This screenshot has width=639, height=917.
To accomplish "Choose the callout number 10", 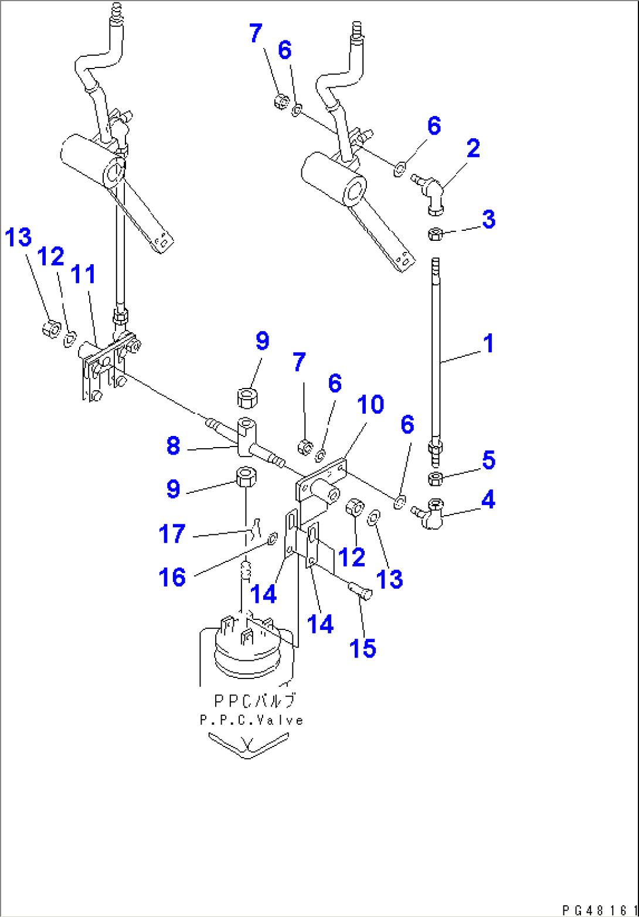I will click(371, 405).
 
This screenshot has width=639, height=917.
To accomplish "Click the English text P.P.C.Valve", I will click(251, 720).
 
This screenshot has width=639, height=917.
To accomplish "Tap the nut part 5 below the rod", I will click(437, 479).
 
